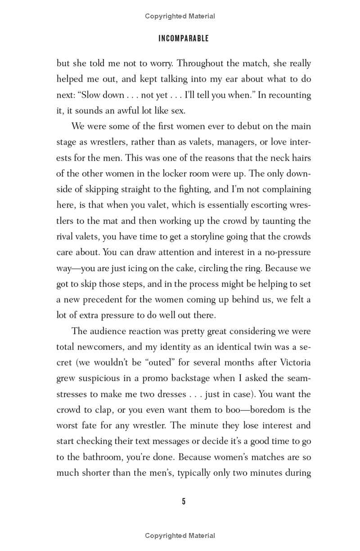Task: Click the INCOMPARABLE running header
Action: [x=184, y=39]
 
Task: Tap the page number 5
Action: [x=184, y=501]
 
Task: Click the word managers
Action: [x=238, y=142]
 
